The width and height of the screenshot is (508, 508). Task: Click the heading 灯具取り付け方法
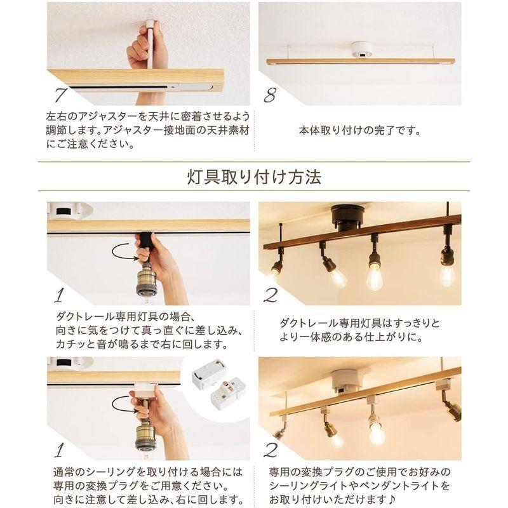click(254, 176)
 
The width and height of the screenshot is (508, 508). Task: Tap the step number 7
click(61, 95)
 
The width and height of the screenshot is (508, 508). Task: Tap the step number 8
click(271, 95)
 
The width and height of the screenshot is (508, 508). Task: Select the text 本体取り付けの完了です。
click(359, 132)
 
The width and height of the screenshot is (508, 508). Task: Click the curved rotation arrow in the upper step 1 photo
click(124, 252)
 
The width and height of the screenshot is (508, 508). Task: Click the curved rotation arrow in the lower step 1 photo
click(124, 403)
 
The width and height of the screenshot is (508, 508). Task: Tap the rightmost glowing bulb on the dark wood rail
click(448, 274)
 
